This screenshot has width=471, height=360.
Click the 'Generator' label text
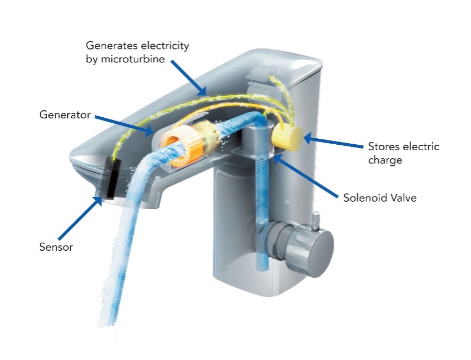click(x=65, y=115)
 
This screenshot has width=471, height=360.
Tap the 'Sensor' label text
click(x=55, y=247)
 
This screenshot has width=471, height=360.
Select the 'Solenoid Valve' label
click(x=380, y=197)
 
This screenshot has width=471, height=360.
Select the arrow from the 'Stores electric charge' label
click(x=333, y=142)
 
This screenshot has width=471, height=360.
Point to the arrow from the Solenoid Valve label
click(x=306, y=175)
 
